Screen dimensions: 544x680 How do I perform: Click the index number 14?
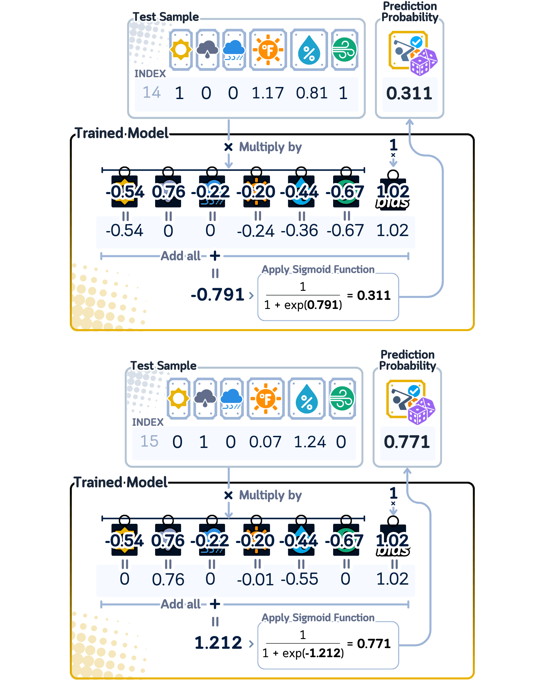[x=152, y=93]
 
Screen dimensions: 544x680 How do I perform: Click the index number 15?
[x=149, y=441]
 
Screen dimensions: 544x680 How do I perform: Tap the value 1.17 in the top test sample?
[x=268, y=93]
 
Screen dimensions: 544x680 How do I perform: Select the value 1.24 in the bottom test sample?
[x=310, y=442]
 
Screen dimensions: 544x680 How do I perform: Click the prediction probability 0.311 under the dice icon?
[x=409, y=93]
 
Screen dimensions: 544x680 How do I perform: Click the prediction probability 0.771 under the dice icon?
[x=407, y=442]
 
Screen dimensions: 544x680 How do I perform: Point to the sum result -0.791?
[x=218, y=294]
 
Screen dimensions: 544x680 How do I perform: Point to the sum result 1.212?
[x=218, y=643]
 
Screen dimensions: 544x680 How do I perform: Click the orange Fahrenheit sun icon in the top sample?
[x=268, y=50]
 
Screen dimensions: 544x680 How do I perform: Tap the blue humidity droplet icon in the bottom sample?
[x=307, y=399]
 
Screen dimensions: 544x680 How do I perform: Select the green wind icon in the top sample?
[x=344, y=50]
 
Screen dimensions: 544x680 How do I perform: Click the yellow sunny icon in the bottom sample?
[x=179, y=399]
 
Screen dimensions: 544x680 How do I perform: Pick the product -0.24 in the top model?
[x=256, y=231]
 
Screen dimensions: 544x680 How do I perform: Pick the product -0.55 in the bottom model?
[x=299, y=579]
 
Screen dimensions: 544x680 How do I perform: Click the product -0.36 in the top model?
[x=299, y=231]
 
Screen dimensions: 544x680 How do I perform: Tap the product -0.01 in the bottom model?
[x=255, y=579]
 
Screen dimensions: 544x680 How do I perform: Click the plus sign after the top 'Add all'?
[x=215, y=256]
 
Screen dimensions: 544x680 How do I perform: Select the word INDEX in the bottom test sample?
[x=148, y=422]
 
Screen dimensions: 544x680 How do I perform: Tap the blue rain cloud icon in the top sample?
[x=234, y=50]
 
